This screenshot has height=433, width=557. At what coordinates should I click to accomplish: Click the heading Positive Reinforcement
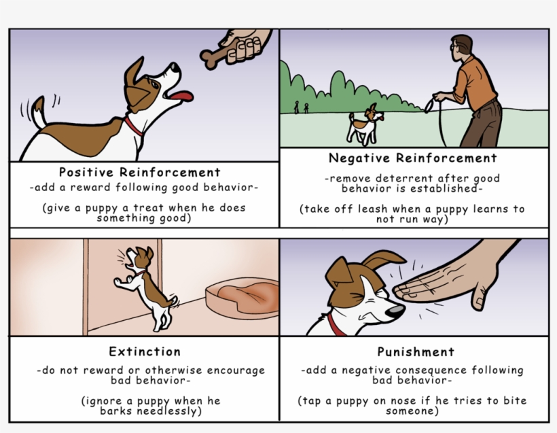click(x=139, y=172)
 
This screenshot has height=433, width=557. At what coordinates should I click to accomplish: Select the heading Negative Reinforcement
click(x=413, y=158)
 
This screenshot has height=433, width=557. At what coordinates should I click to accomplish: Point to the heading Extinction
click(x=145, y=352)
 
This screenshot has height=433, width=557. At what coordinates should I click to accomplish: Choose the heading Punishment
click(x=416, y=352)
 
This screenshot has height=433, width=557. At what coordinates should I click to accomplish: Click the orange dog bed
click(x=243, y=297)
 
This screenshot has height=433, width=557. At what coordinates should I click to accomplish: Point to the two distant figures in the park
click(x=301, y=107)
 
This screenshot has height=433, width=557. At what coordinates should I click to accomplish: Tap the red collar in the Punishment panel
click(x=335, y=324)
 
